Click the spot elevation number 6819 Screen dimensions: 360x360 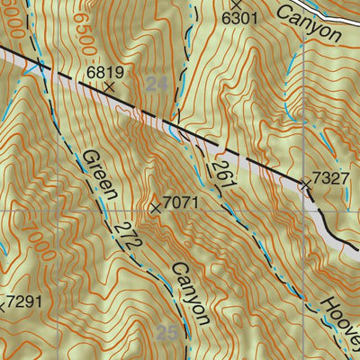(104, 69)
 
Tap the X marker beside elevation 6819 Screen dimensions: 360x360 (109, 87)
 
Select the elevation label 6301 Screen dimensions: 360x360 (239, 17)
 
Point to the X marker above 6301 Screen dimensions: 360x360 (237, 4)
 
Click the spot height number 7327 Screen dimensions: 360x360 (330, 178)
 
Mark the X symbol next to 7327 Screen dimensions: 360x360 (305, 184)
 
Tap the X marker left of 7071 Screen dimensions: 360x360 (157, 208)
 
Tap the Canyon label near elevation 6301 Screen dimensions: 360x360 (310, 22)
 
